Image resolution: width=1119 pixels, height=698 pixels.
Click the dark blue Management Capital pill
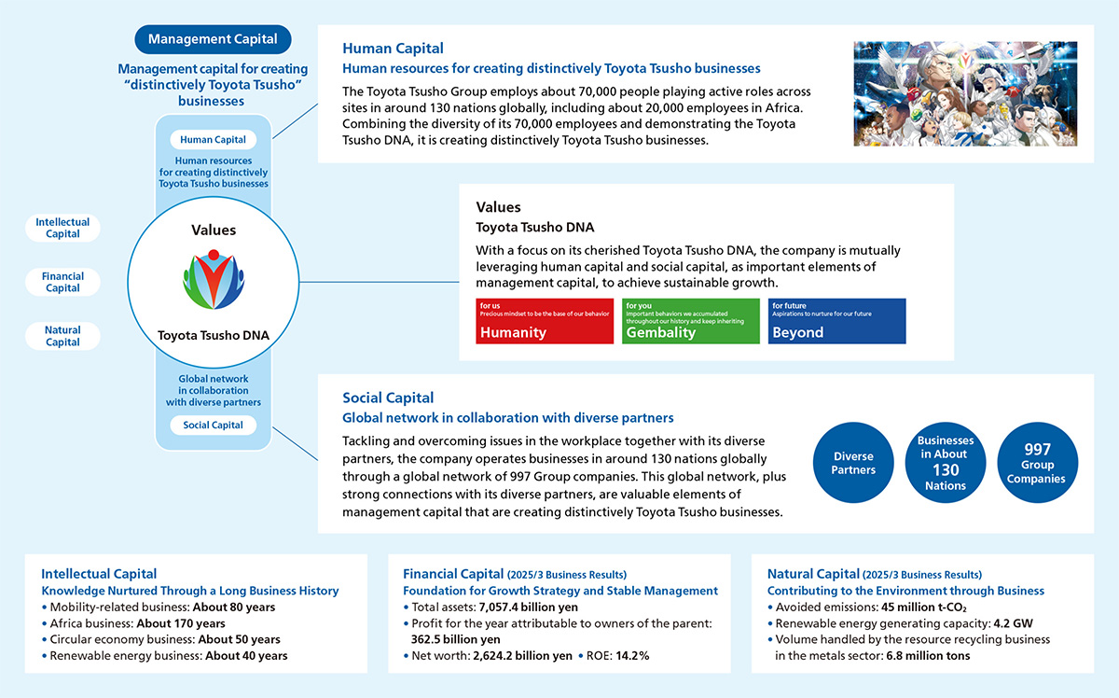pos(213,39)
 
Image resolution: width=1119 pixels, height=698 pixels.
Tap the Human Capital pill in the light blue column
pos(213,140)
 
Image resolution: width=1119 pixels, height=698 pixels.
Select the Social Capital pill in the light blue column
pos(213,426)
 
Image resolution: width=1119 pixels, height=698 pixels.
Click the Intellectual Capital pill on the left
pos(62,229)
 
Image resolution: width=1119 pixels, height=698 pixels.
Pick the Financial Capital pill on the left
pos(62,282)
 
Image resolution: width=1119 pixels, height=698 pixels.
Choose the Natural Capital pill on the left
pos(62,336)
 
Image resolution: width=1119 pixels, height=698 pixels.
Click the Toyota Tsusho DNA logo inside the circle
pos(214,280)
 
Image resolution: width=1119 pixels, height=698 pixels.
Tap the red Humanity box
pos(532,321)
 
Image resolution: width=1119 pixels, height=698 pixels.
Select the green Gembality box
pos(678,321)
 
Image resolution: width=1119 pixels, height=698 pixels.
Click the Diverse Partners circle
pos(853,464)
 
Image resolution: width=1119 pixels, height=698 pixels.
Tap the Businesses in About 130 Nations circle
pos(946,464)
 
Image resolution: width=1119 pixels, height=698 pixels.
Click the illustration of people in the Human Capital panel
pos(965,93)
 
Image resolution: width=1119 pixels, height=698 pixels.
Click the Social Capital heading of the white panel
pos(388,398)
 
